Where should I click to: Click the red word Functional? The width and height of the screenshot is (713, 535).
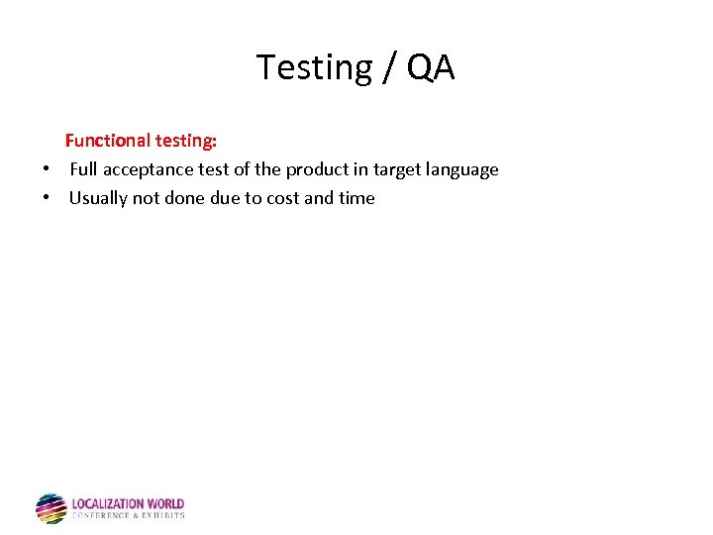(x=107, y=141)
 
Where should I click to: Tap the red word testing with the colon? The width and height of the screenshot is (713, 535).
(x=185, y=141)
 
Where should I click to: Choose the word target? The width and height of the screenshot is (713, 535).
(x=399, y=169)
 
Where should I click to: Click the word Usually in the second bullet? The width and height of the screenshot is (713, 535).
(x=98, y=198)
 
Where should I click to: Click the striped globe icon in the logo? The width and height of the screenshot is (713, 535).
(x=51, y=508)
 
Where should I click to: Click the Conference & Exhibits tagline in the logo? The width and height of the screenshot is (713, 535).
(x=129, y=516)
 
